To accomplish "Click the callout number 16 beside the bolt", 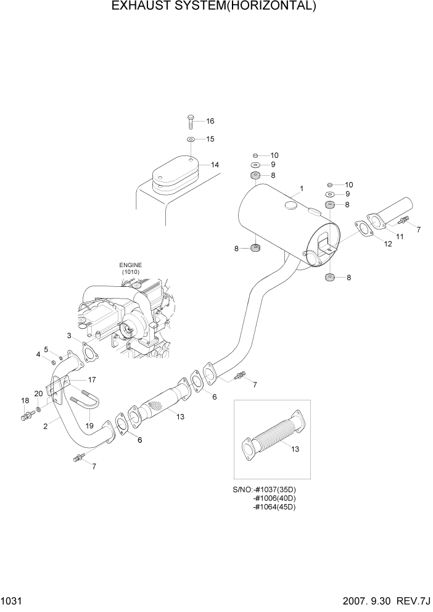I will point(210,121).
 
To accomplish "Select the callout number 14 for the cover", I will point(215,165).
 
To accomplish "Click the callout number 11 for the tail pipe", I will point(400,236).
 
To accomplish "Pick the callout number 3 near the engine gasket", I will point(71,335).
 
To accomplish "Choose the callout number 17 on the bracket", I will point(92,379).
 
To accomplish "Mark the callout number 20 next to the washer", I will point(38,394).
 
